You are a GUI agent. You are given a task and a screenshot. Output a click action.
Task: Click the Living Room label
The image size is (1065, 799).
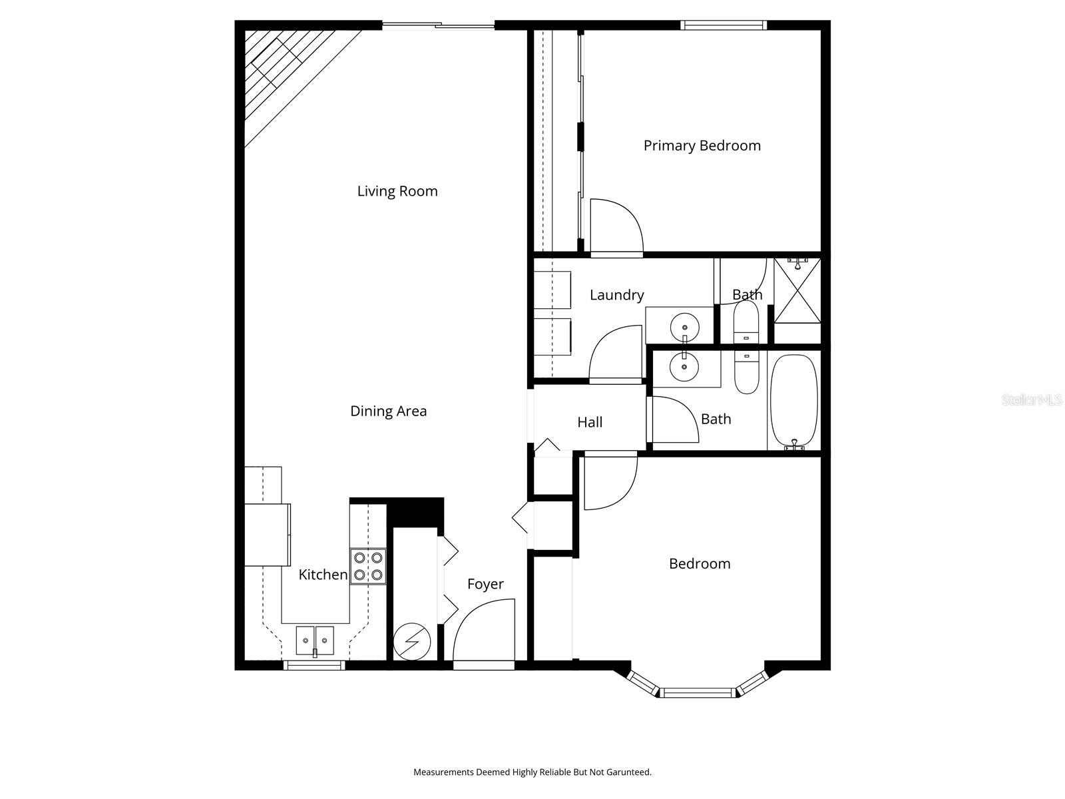(x=397, y=191)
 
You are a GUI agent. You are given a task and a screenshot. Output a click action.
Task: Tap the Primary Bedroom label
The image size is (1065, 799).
(x=702, y=146)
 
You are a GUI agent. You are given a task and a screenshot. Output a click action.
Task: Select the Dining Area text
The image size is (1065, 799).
(x=388, y=411)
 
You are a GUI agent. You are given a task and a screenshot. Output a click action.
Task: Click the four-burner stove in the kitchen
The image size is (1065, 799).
(x=368, y=566)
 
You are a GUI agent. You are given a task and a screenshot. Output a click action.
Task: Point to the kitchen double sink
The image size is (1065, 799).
(x=315, y=641)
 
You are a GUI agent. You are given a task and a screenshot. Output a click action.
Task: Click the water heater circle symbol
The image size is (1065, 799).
(x=411, y=642)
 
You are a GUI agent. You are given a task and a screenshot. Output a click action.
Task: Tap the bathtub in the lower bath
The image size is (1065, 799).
(x=793, y=401)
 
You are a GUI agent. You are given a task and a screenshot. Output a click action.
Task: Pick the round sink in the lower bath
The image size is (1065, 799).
(x=684, y=366)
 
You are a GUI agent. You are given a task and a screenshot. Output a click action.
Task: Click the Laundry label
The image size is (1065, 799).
(x=616, y=295)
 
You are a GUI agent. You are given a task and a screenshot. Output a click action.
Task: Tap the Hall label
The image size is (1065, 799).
(x=590, y=422)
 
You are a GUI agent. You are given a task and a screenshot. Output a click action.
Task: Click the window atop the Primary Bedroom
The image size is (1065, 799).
(x=723, y=25)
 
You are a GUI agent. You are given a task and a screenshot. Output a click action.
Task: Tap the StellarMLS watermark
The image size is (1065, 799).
(x=1031, y=400)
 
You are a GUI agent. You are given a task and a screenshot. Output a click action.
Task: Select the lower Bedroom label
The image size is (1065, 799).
(x=699, y=564)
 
